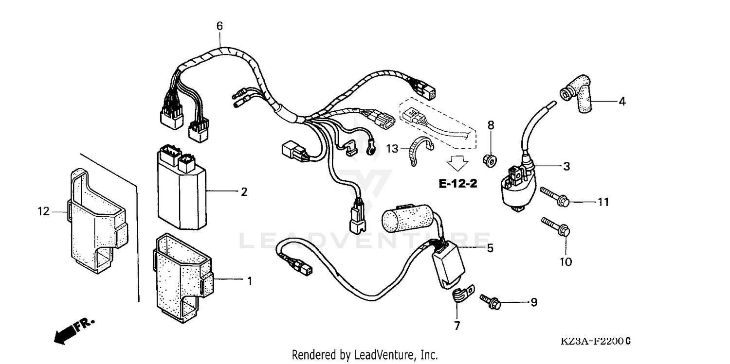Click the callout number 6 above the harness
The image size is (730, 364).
click(x=219, y=26)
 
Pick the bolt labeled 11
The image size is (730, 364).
click(x=554, y=197)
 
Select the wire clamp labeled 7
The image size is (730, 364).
click(x=457, y=295)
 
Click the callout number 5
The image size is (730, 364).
click(x=490, y=248)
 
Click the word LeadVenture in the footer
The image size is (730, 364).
click(x=380, y=355)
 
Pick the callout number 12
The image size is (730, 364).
click(x=44, y=211)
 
